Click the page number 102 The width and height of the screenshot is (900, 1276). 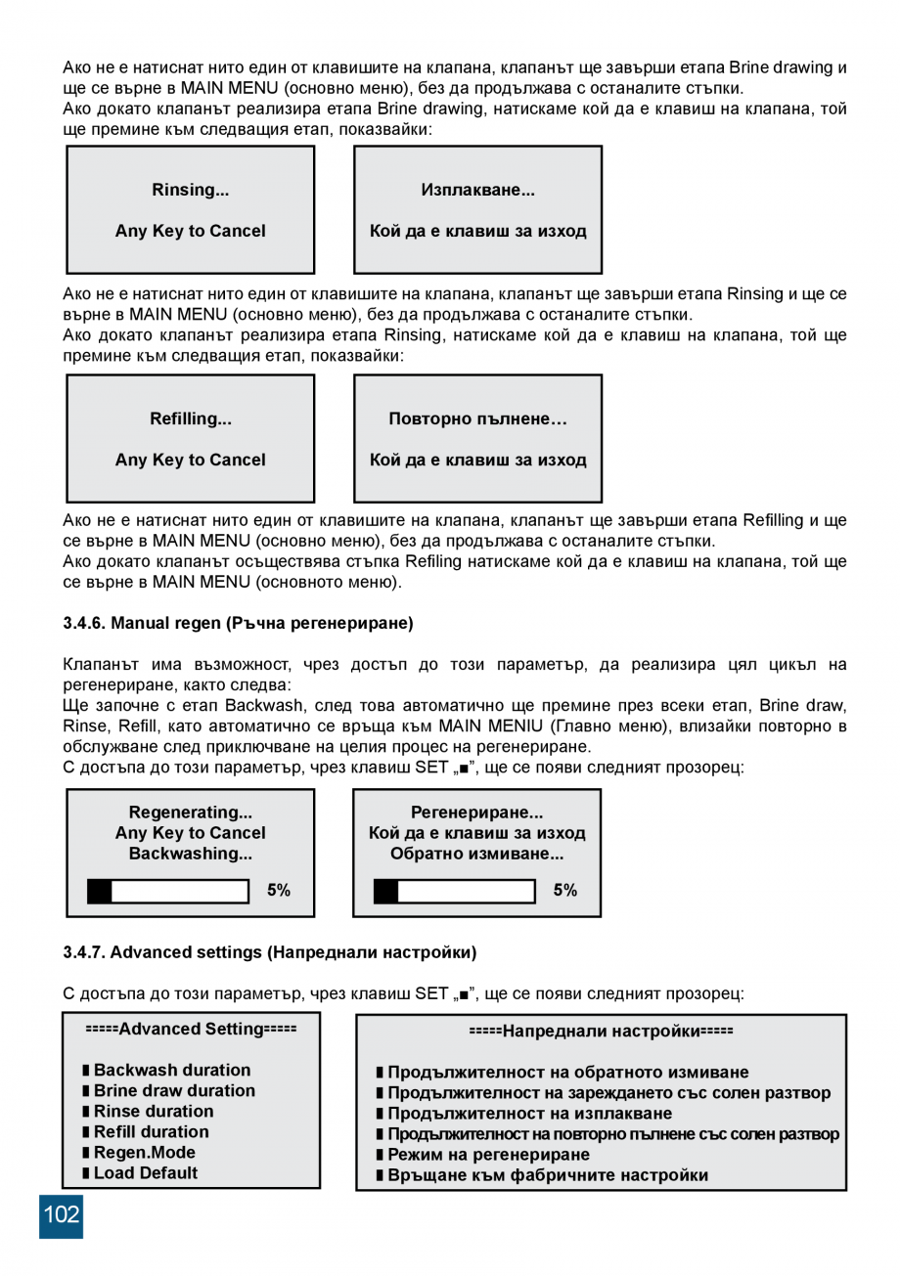click(x=61, y=1215)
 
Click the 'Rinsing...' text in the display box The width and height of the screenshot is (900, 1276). click(x=190, y=190)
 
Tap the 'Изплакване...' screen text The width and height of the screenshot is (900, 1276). click(x=477, y=190)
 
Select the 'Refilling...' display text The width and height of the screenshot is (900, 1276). click(x=190, y=418)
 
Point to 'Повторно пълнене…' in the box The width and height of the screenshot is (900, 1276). click(x=477, y=419)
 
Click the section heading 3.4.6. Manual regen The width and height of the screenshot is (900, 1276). click(x=238, y=623)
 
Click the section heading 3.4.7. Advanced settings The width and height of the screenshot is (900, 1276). click(x=269, y=951)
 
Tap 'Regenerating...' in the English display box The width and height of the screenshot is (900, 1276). click(x=190, y=813)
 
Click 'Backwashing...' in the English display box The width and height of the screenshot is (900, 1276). click(x=190, y=854)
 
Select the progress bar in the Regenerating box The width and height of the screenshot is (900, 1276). click(x=168, y=891)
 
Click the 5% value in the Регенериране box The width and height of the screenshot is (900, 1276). click(x=564, y=891)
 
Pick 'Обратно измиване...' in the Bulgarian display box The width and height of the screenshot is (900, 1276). click(x=477, y=854)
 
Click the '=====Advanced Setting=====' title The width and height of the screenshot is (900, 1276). click(x=191, y=1029)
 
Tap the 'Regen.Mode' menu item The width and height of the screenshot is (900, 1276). click(x=144, y=1153)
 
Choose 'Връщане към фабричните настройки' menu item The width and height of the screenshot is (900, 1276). click(x=547, y=1175)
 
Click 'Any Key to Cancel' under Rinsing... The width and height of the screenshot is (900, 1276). click(x=190, y=232)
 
